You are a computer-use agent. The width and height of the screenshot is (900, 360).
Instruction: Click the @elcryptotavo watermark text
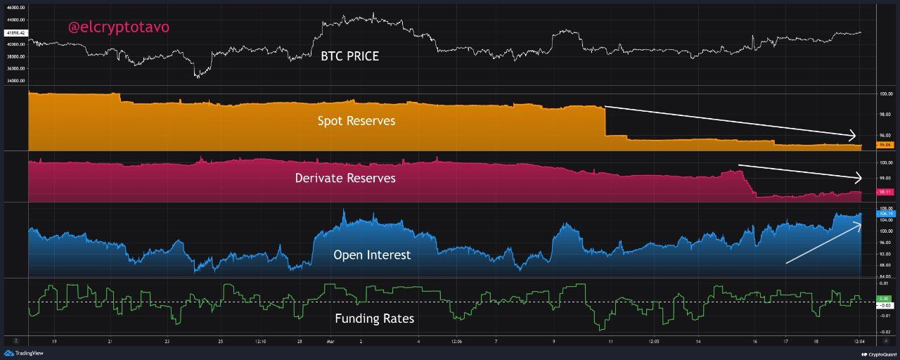click(118, 27)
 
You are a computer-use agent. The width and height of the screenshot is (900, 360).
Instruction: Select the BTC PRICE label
click(349, 56)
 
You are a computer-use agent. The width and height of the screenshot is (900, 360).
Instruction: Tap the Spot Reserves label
click(356, 121)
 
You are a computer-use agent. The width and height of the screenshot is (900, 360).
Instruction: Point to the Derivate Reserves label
click(345, 178)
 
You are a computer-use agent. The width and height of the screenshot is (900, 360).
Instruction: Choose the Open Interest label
click(371, 255)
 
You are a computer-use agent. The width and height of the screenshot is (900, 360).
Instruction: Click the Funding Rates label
click(374, 319)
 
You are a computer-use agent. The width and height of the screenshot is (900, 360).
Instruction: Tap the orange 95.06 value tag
click(885, 145)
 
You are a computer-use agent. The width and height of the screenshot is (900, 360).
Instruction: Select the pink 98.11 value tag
click(885, 191)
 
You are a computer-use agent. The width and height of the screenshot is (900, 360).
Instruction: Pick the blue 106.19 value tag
click(885, 213)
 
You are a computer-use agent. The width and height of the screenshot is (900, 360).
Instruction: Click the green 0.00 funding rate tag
click(885, 298)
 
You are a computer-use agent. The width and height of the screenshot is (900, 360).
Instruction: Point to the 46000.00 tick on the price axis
click(15, 7)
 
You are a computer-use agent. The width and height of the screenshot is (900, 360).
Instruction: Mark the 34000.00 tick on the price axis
click(15, 81)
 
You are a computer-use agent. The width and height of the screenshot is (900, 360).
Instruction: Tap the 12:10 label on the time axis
click(259, 342)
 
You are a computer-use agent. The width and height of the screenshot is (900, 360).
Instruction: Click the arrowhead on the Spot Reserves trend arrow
click(853, 136)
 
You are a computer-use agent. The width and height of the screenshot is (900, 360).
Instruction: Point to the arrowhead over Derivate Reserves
click(858, 178)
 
